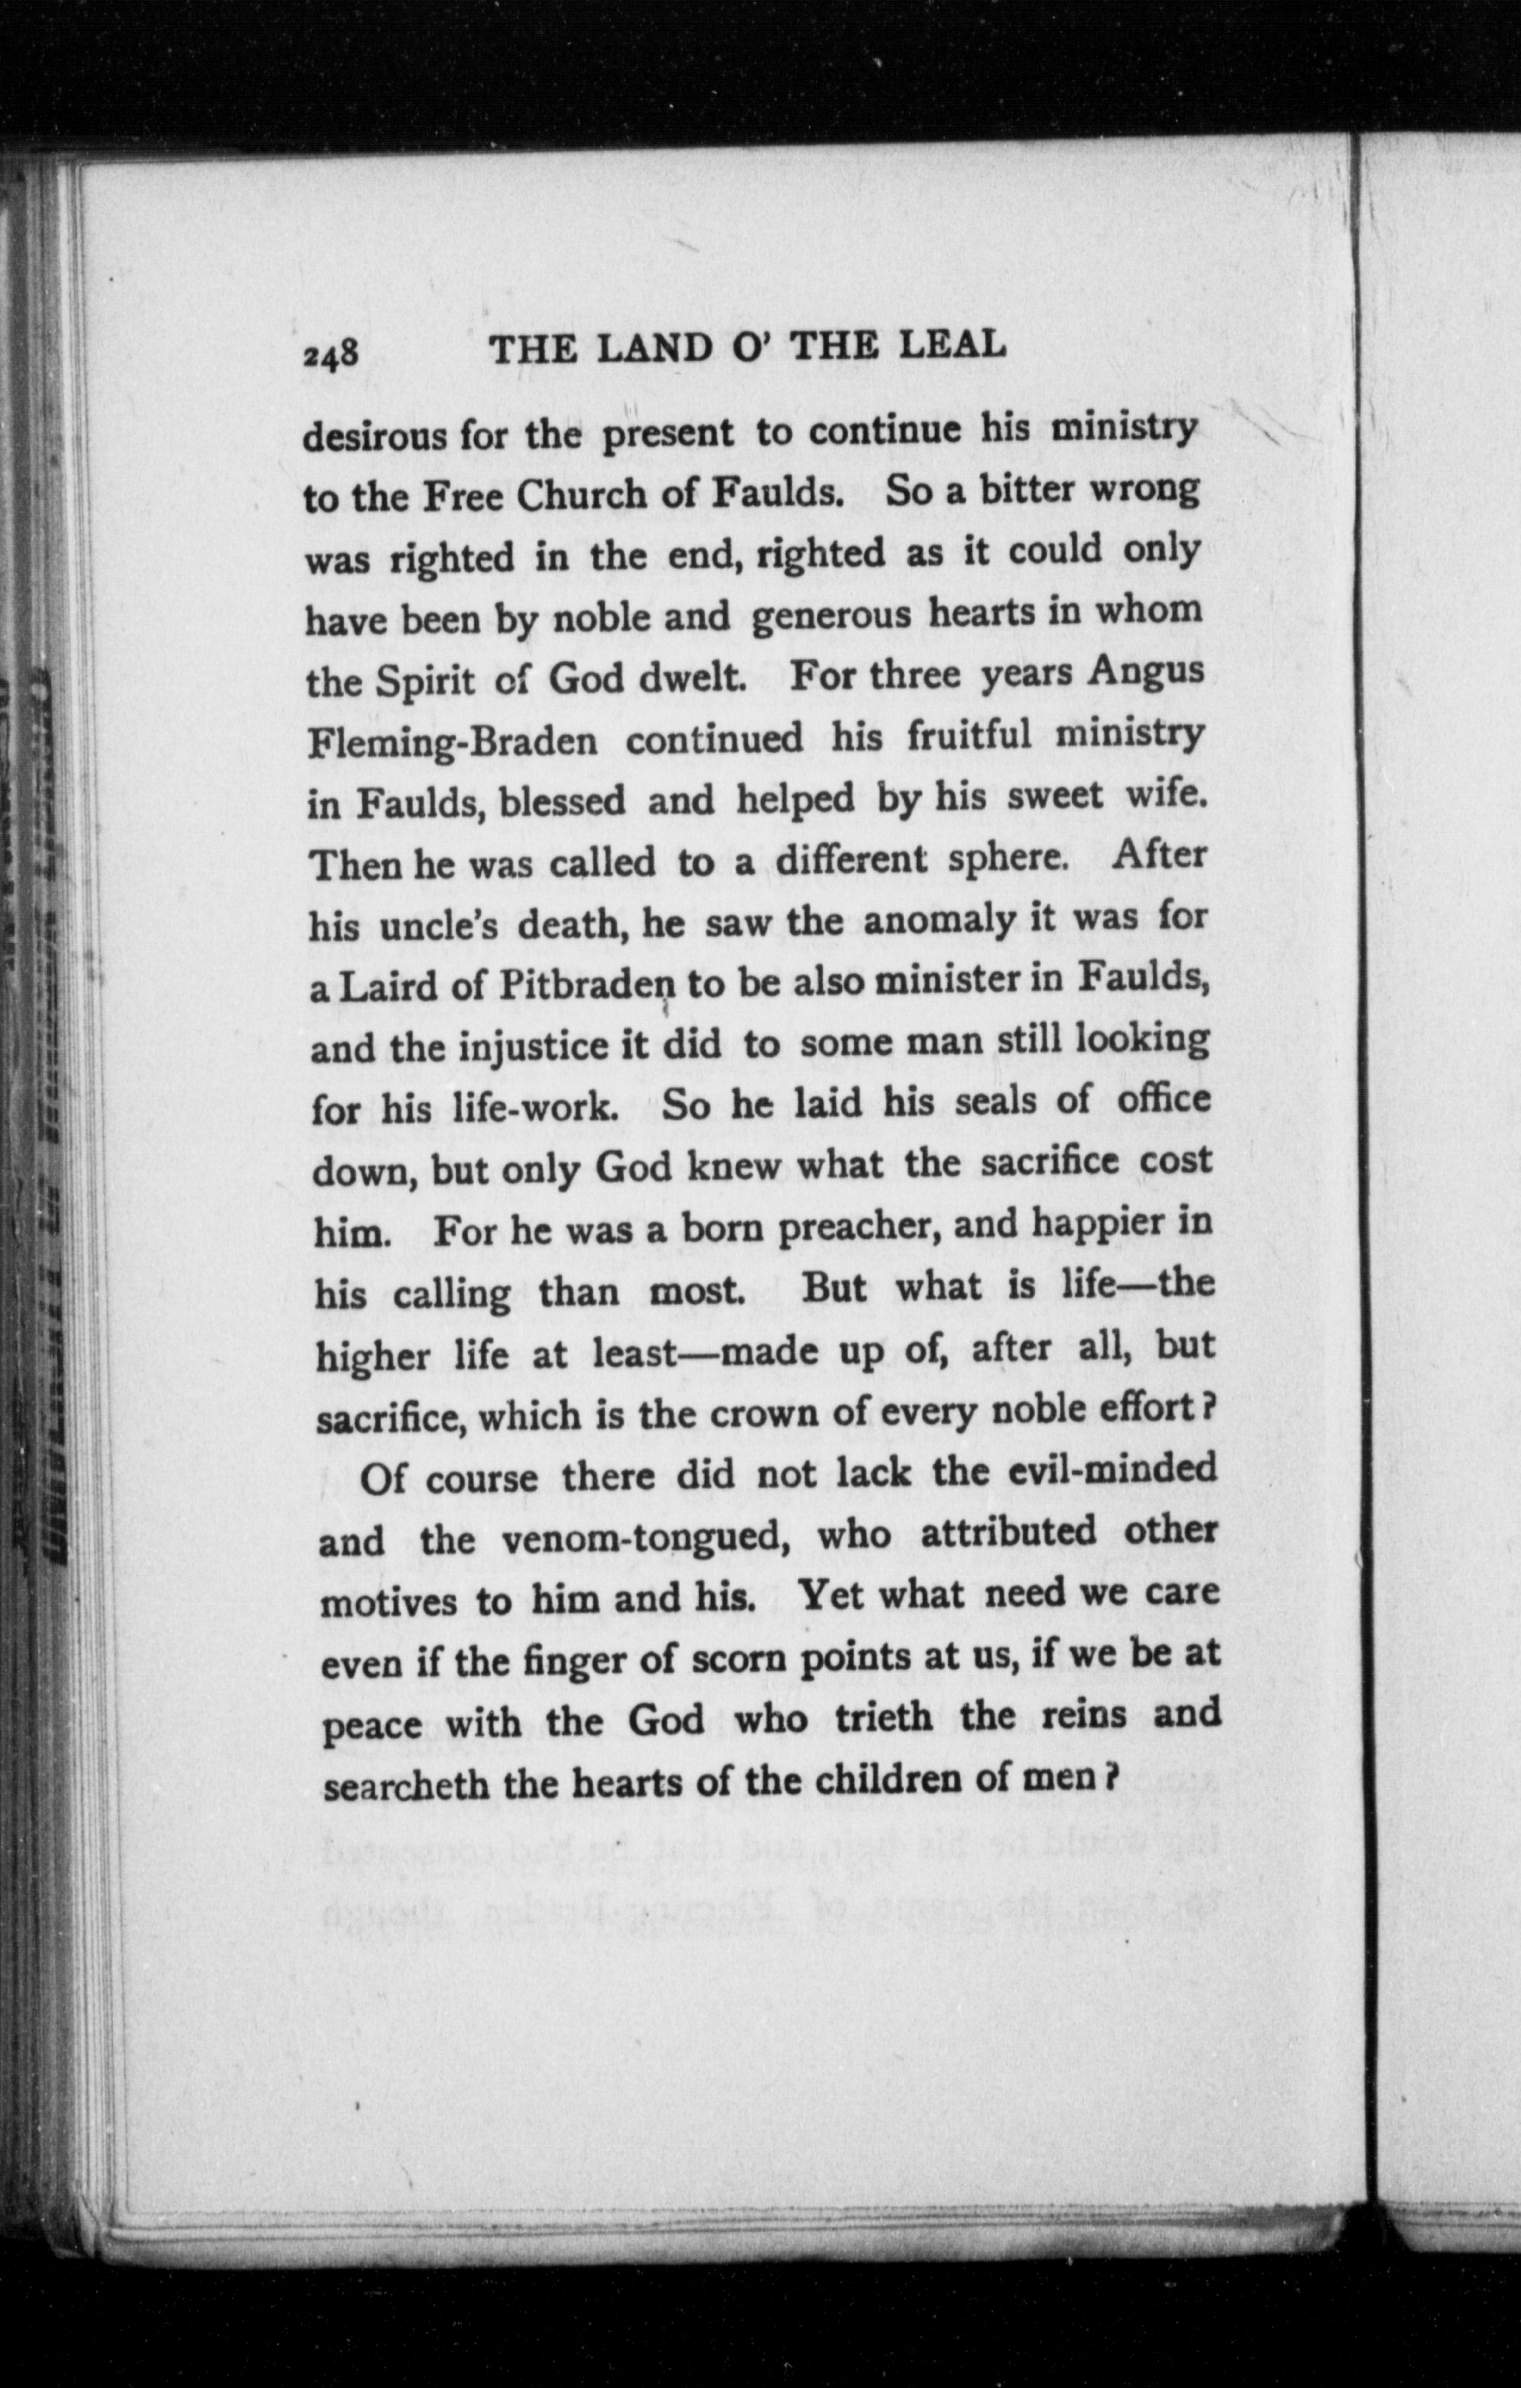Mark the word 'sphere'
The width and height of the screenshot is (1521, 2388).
1008,858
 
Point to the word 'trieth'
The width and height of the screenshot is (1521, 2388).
884,1716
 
